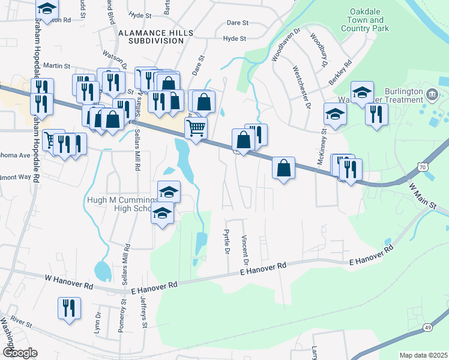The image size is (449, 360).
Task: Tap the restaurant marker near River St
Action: (x=68, y=308)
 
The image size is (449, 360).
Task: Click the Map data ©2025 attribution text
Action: (x=423, y=355)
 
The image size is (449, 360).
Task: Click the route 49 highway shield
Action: (x=427, y=327)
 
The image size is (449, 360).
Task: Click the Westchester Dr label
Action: (x=301, y=88)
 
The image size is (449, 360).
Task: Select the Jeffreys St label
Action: (x=143, y=313)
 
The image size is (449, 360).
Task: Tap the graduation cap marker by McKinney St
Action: (x=335, y=113)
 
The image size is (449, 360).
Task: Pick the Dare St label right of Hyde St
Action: (x=238, y=23)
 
